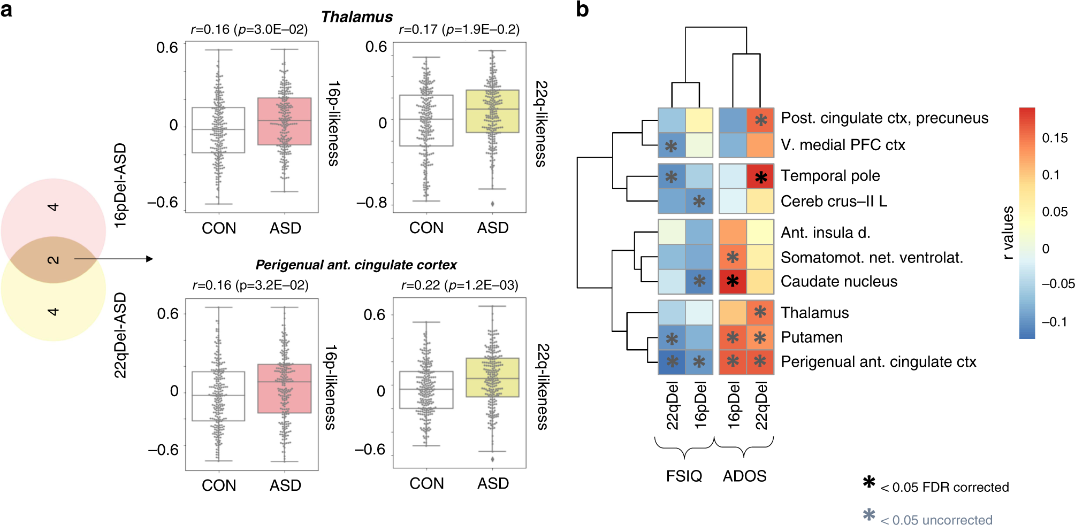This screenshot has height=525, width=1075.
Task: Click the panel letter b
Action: (582, 10)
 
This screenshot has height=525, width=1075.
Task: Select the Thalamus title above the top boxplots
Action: (357, 17)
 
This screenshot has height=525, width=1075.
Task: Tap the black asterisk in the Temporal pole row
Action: (760, 177)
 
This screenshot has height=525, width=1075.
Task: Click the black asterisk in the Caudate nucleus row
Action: (733, 281)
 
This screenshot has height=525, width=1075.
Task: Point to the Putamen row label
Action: (812, 337)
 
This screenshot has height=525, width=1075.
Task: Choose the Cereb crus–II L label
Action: (834, 202)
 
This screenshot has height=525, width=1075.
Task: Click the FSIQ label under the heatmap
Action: (684, 476)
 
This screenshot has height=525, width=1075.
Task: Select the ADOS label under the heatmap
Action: (744, 476)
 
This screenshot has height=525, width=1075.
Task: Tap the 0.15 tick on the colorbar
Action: (1055, 138)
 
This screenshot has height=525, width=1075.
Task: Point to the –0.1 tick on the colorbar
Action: (1055, 322)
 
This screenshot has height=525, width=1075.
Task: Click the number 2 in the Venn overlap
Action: (54, 260)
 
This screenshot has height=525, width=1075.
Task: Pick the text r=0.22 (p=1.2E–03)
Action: (460, 285)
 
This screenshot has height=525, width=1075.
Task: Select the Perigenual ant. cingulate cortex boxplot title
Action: (356, 265)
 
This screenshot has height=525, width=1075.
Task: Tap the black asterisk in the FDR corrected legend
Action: (869, 482)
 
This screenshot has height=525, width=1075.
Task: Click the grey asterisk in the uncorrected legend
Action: (869, 515)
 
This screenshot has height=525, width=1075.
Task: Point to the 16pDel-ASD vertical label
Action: (121, 186)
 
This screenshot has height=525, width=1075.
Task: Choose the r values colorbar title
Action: (1008, 233)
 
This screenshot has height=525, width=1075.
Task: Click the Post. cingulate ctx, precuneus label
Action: (884, 118)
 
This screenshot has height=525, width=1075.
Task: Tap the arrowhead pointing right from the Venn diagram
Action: (150, 259)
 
